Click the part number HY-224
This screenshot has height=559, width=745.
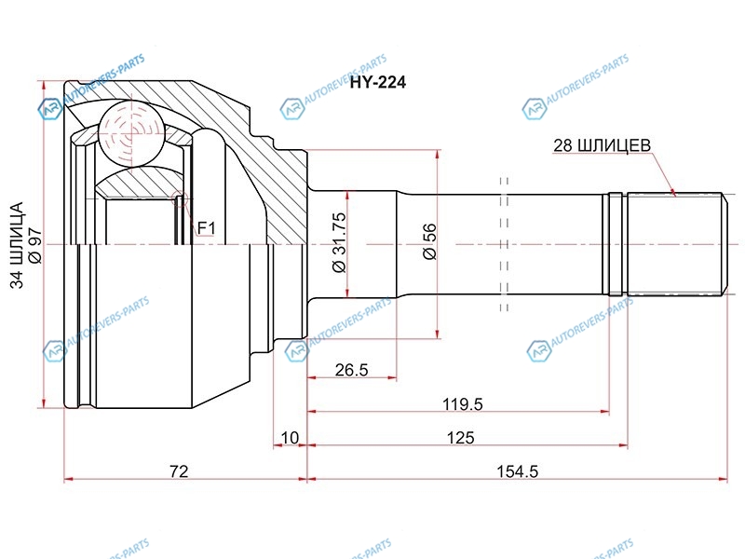pos(378,82)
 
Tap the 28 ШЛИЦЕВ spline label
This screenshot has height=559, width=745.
pos(602,145)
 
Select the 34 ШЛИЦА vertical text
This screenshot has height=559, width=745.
pos(17,245)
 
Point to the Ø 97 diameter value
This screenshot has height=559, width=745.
pos(35,246)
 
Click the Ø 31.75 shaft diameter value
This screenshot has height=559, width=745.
pos(340,242)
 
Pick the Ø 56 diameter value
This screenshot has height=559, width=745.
pos(429,241)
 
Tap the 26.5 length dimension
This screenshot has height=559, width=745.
pos(352,369)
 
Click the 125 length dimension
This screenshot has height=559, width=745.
pos(460,437)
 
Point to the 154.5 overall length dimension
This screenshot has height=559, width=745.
pos(517,471)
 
